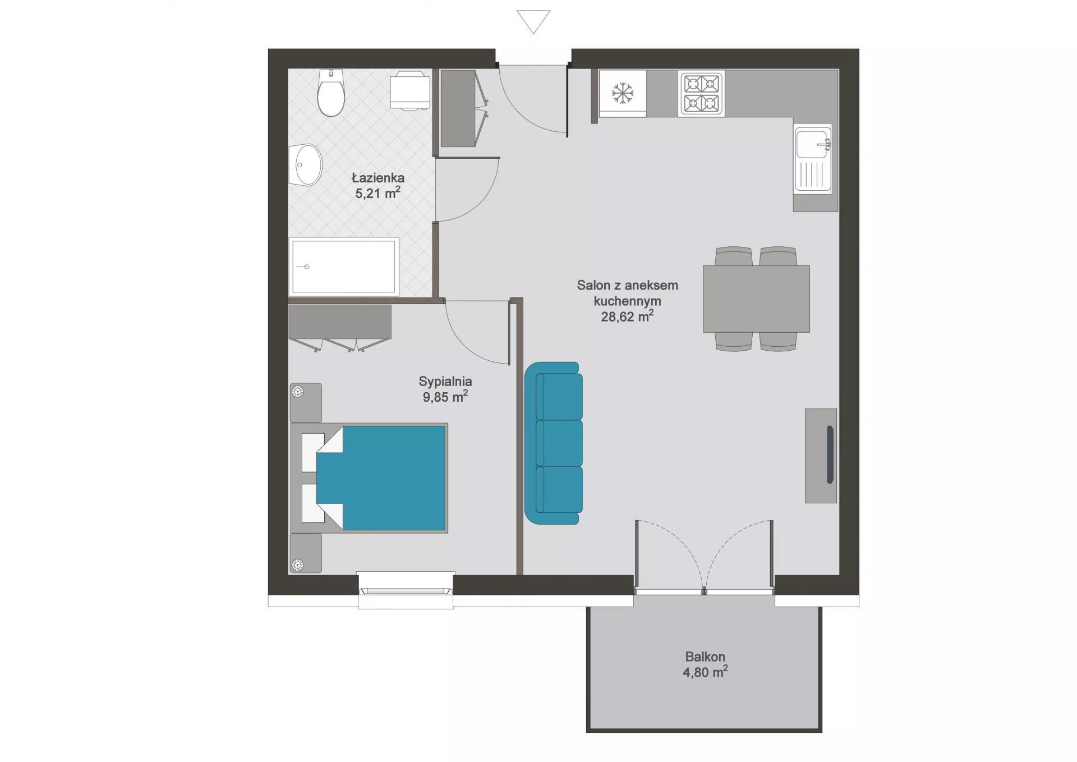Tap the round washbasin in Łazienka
tap(306, 165)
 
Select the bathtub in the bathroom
tap(344, 267)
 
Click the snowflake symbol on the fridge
tap(622, 93)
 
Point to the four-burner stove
tap(701, 93)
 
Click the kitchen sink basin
tap(811, 144)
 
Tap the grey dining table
tap(756, 299)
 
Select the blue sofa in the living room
tap(553, 443)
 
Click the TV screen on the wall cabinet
tap(830, 455)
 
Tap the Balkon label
tap(705, 657)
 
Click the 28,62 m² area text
tap(627, 316)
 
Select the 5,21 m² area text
tap(378, 193)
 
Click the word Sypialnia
tap(445, 381)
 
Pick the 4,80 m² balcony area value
tap(705, 672)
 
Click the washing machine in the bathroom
tap(410, 90)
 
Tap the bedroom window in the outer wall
tap(406, 590)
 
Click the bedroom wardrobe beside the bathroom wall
tap(340, 328)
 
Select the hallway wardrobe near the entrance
tap(463, 108)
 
